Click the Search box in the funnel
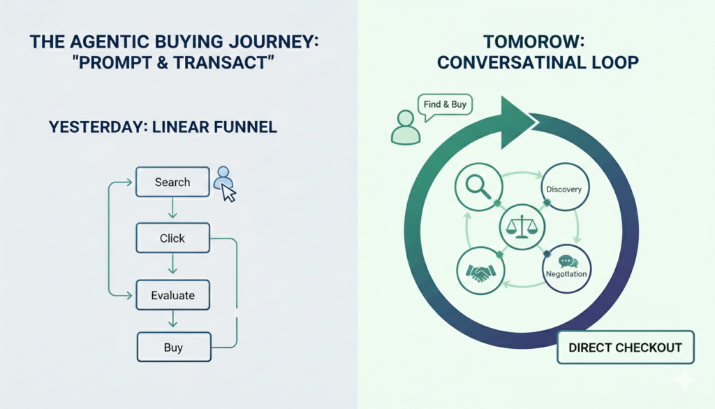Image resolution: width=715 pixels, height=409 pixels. (x=172, y=182)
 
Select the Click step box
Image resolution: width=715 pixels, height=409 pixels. (x=172, y=238)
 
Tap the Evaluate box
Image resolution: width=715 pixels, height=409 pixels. (x=172, y=295)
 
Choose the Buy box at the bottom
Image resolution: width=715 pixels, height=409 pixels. (x=173, y=347)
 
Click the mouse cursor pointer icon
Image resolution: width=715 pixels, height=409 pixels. (x=228, y=193)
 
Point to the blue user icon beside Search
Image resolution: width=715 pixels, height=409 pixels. (x=223, y=176)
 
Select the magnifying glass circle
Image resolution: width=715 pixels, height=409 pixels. (x=480, y=186)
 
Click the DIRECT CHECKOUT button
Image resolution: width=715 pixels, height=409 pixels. (x=625, y=347)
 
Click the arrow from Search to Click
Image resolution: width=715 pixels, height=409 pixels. (x=172, y=208)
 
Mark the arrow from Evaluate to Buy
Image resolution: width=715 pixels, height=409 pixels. (x=172, y=321)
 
